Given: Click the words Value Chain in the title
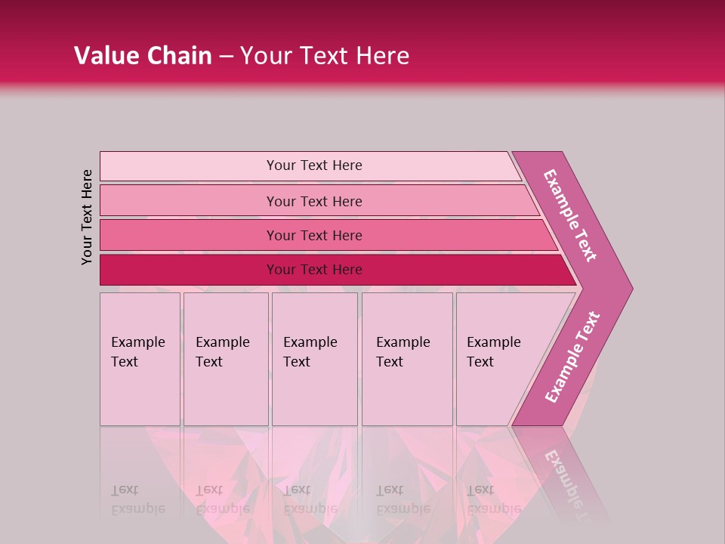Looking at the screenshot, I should [x=143, y=56].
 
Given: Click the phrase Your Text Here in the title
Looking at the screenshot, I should [x=325, y=56].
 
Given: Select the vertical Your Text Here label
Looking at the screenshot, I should [x=87, y=217].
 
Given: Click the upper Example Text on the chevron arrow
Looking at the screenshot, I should [x=570, y=215].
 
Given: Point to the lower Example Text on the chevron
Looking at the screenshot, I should [x=572, y=357].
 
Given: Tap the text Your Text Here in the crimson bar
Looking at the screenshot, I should [x=314, y=270].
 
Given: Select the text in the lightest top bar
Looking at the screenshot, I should [x=314, y=165].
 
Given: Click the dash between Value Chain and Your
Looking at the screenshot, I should [x=226, y=57].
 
